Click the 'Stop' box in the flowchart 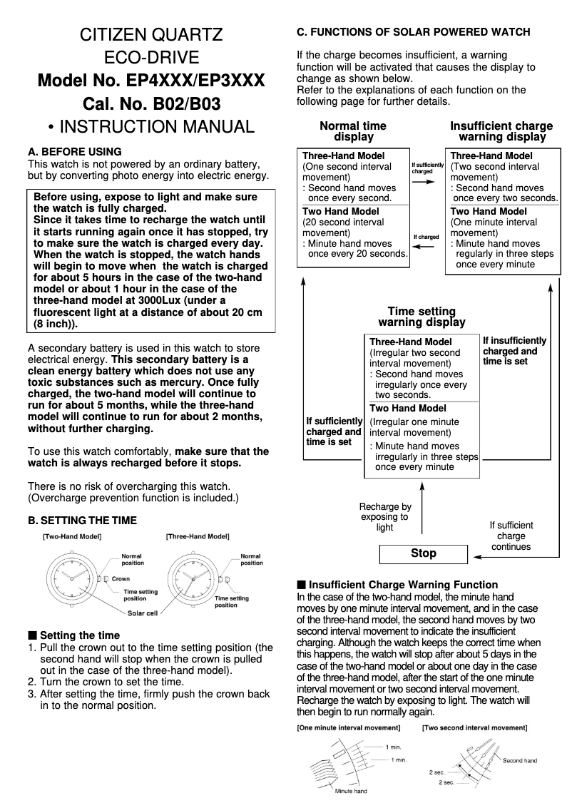point(424,553)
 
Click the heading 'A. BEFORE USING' point(74,152)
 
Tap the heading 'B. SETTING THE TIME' point(82,520)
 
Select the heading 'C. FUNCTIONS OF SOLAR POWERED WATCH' point(413,32)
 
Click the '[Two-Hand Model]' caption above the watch point(72,536)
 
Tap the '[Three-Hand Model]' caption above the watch point(198,536)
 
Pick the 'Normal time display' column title point(353,131)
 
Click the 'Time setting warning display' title point(422,317)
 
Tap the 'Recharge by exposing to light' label point(385,517)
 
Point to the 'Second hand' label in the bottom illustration point(519,761)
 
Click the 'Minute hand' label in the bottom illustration point(351,791)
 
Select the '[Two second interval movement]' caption point(474,728)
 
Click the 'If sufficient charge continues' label point(511,536)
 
